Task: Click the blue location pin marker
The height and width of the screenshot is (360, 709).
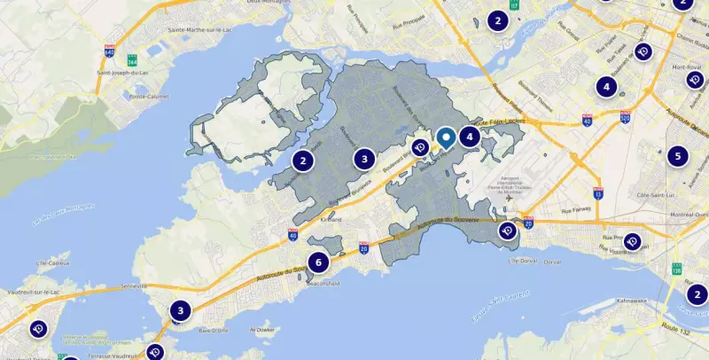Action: pyautogui.click(x=446, y=137)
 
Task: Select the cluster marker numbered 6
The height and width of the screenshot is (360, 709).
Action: pyautogui.click(x=318, y=262)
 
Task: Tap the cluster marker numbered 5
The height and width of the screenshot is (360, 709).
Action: pyautogui.click(x=678, y=156)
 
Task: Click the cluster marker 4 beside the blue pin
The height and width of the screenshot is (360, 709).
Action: pyautogui.click(x=468, y=137)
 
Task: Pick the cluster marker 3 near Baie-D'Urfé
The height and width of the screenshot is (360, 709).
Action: pyautogui.click(x=180, y=310)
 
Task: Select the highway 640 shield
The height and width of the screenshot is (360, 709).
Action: pyautogui.click(x=109, y=51)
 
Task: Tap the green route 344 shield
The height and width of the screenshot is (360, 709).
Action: pyautogui.click(x=132, y=62)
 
